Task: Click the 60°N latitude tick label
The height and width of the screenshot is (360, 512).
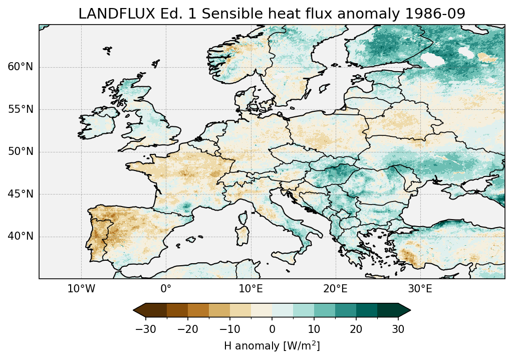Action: pyautogui.click(x=20, y=67)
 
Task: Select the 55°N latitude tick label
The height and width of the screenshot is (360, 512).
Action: pyautogui.click(x=20, y=109)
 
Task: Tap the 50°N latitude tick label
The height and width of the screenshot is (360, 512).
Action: pyautogui.click(x=20, y=152)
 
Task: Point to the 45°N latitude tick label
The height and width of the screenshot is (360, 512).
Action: pyautogui.click(x=20, y=194)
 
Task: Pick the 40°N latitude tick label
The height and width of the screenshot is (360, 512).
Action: pyautogui.click(x=20, y=236)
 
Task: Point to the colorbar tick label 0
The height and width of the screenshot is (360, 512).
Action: pyautogui.click(x=272, y=329)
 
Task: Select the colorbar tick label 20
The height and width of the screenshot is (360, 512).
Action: pyautogui.click(x=356, y=329)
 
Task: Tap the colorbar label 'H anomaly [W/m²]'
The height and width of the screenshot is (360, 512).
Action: pyautogui.click(x=272, y=345)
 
